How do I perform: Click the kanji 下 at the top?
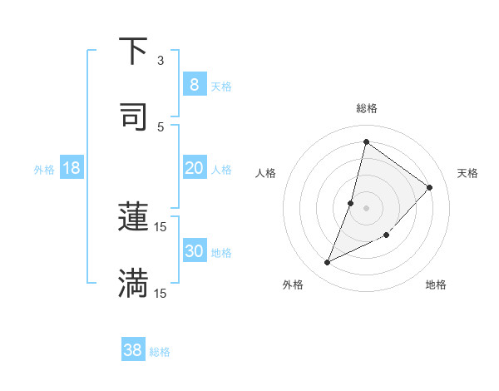pos(133,52)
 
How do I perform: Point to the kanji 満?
pos(133,284)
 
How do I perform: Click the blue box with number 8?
pos(194,84)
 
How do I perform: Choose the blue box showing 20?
pos(194,168)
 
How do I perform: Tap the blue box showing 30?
pos(194,251)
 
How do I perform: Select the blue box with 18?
pos(72,168)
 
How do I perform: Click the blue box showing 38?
pos(133,350)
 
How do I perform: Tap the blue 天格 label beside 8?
pos(221,86)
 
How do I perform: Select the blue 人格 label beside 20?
pos(221,170)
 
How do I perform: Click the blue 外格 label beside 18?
pos(44,170)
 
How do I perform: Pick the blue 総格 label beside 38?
pos(160,352)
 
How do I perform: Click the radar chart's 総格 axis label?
pos(366,108)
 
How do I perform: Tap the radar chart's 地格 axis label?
pos(436,285)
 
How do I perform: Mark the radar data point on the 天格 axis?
pos(430,187)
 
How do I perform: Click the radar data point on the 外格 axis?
pos(328,263)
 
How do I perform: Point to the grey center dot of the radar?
pos(366,207)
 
